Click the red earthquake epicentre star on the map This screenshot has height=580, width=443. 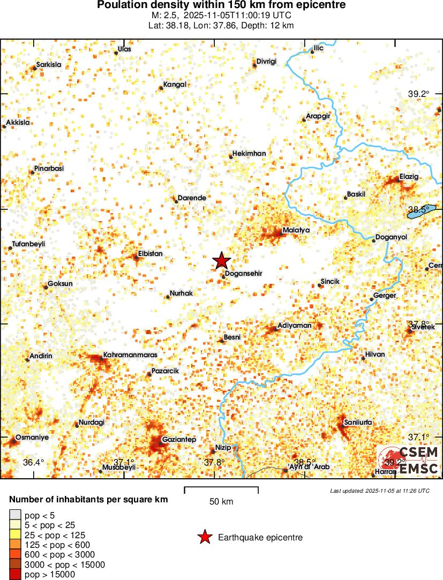(221, 261)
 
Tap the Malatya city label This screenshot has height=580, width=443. (296, 230)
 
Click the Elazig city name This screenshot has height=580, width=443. (409, 177)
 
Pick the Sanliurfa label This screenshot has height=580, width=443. (357, 423)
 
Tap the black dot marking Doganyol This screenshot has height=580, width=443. (374, 241)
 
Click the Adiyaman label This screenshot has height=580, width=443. (294, 325)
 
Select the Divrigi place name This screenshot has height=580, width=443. (266, 62)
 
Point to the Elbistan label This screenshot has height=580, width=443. (150, 253)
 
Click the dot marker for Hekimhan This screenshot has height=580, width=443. (231, 157)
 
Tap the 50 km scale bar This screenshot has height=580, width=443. (221, 488)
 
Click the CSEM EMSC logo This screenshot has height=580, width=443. (410, 461)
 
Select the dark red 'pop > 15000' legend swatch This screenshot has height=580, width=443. (16, 575)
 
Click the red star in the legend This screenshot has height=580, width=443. (204, 537)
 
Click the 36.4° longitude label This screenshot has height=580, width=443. (33, 462)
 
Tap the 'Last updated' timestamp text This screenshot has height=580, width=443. (380, 491)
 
